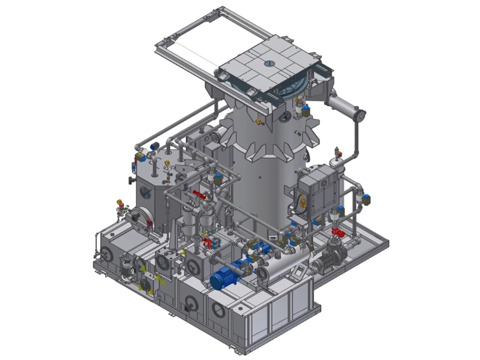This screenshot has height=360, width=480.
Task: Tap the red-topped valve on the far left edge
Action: [x=119, y=203]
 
